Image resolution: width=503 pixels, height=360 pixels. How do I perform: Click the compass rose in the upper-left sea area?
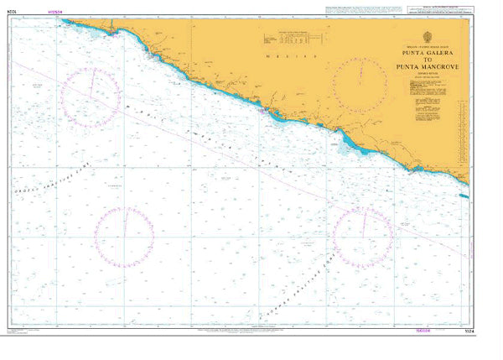click(90, 96)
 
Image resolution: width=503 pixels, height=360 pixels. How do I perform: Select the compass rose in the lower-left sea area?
click(124, 232)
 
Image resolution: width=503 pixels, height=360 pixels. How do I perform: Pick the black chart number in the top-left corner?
click(11, 13)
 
